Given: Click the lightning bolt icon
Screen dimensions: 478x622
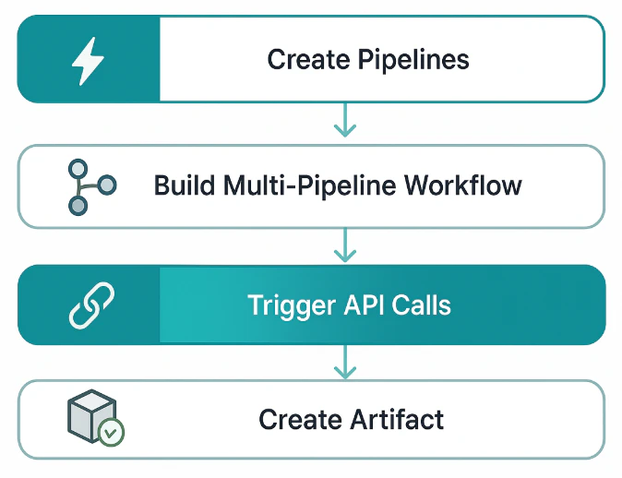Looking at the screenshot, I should [x=88, y=60].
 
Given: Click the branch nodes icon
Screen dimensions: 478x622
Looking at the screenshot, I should [x=90, y=185].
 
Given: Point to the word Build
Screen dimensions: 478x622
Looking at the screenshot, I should [x=185, y=185].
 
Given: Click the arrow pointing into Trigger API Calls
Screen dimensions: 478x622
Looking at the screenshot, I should [x=344, y=245].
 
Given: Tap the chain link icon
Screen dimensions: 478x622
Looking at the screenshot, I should [x=90, y=305].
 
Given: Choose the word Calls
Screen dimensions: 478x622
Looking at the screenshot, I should [x=424, y=305].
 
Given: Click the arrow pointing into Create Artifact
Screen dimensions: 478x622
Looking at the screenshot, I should [x=344, y=362].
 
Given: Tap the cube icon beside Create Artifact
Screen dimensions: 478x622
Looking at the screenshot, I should [x=91, y=415].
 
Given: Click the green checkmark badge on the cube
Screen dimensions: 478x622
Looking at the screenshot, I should [x=112, y=432].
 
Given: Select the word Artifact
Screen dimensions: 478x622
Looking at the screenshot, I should [x=398, y=420].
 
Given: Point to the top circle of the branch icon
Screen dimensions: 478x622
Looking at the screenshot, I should [x=78, y=169].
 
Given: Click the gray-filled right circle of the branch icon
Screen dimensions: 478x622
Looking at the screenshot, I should [x=107, y=185].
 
